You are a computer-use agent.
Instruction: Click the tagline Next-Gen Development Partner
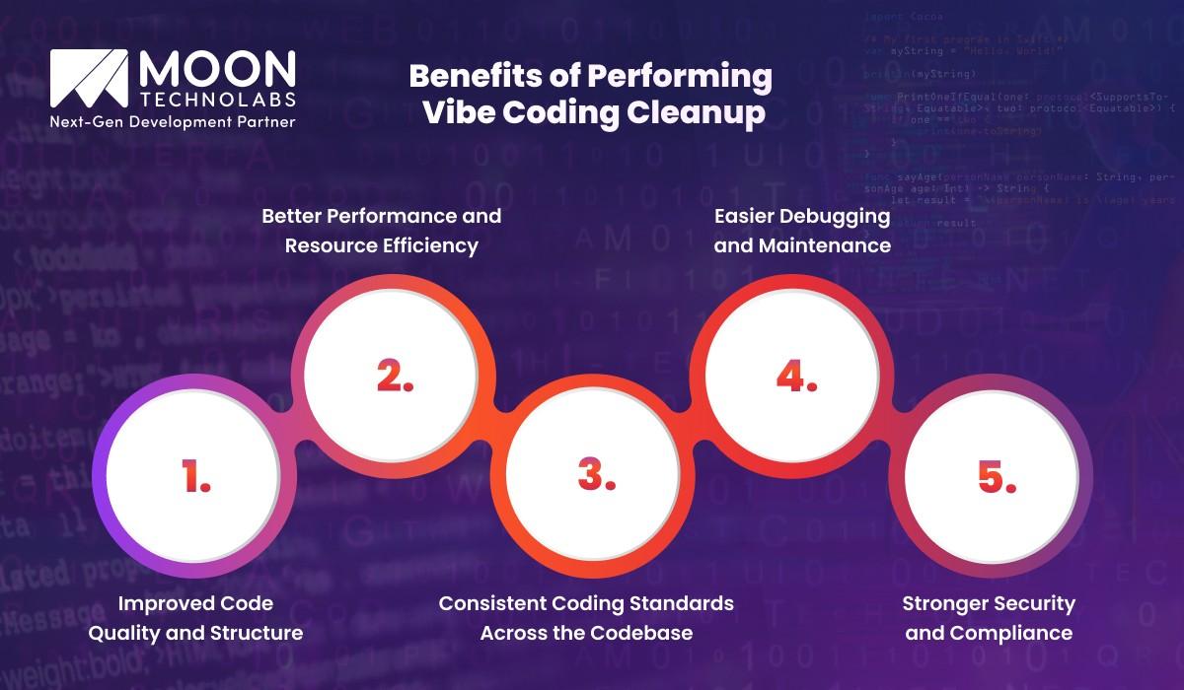click(x=173, y=122)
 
